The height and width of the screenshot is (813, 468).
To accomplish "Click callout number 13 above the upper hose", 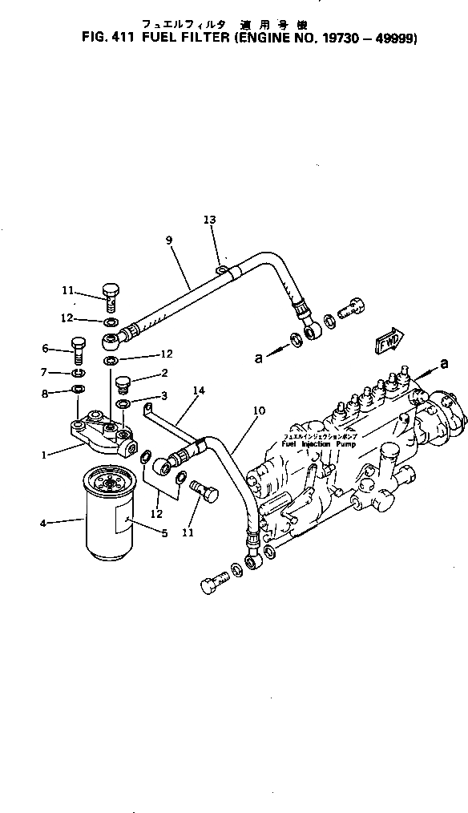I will pos(209,219).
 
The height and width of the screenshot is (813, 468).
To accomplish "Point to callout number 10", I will pos(259,411).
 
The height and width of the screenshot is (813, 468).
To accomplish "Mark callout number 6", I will pos(46,348).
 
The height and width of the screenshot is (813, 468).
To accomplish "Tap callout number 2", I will pos(163,373).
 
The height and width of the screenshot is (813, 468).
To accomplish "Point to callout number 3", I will pos(163,395).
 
